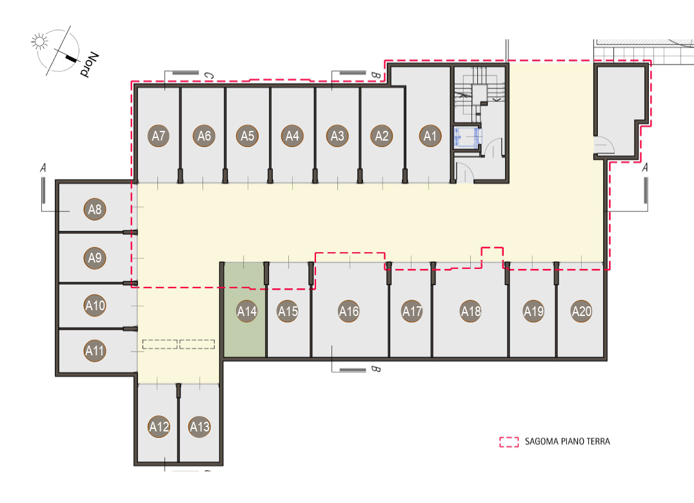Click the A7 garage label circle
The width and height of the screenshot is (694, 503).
click(x=159, y=136)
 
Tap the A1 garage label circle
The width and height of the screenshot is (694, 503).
click(x=430, y=136)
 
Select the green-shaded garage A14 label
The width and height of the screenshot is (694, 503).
click(x=246, y=311)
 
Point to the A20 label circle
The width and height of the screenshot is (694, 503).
click(x=581, y=311)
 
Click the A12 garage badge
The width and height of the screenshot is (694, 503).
click(x=159, y=426)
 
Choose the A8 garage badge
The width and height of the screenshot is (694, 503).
click(x=95, y=209)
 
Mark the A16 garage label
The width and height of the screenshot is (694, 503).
click(x=349, y=311)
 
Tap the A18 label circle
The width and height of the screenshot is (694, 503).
click(x=470, y=311)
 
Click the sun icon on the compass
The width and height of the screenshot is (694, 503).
click(x=39, y=42)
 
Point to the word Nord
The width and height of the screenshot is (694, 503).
click(x=89, y=64)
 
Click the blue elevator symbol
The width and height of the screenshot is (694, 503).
click(x=466, y=137)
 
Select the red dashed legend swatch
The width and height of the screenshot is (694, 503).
click(x=509, y=442)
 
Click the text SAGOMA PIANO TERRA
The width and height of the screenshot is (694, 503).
click(x=568, y=442)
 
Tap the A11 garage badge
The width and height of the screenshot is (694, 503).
click(x=95, y=351)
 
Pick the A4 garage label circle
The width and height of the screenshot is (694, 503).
click(x=292, y=136)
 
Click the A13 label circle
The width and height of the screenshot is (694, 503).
click(x=199, y=426)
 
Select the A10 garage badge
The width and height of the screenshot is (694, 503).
click(x=95, y=305)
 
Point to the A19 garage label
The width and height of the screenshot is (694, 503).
click(x=533, y=311)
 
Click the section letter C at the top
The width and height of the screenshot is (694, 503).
click(x=208, y=76)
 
